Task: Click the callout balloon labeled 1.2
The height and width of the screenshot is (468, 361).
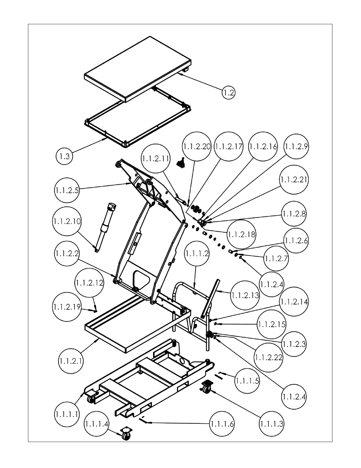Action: pyautogui.click(x=229, y=93)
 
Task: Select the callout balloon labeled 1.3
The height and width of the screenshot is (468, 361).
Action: pyautogui.click(x=64, y=156)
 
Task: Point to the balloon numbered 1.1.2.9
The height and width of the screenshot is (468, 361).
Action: pyautogui.click(x=296, y=147)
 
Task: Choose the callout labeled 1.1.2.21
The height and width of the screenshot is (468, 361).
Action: pyautogui.click(x=294, y=180)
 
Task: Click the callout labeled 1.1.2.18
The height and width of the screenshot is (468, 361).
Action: pyautogui.click(x=242, y=234)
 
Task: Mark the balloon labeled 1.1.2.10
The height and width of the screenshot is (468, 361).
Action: pyautogui.click(x=67, y=221)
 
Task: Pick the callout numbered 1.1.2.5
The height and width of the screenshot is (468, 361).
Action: pyautogui.click(x=67, y=190)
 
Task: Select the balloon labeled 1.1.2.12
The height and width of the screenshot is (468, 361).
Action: pyautogui.click(x=89, y=283)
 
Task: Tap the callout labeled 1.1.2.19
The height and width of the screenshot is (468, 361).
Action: pyautogui.click(x=67, y=307)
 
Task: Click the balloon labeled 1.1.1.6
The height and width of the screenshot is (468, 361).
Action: pyautogui.click(x=222, y=424)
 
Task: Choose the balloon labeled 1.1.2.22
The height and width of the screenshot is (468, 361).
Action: pyautogui.click(x=268, y=357)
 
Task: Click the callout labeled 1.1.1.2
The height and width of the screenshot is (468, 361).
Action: pyautogui.click(x=197, y=253)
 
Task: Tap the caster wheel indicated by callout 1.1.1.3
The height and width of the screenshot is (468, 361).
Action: pyautogui.click(x=206, y=387)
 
